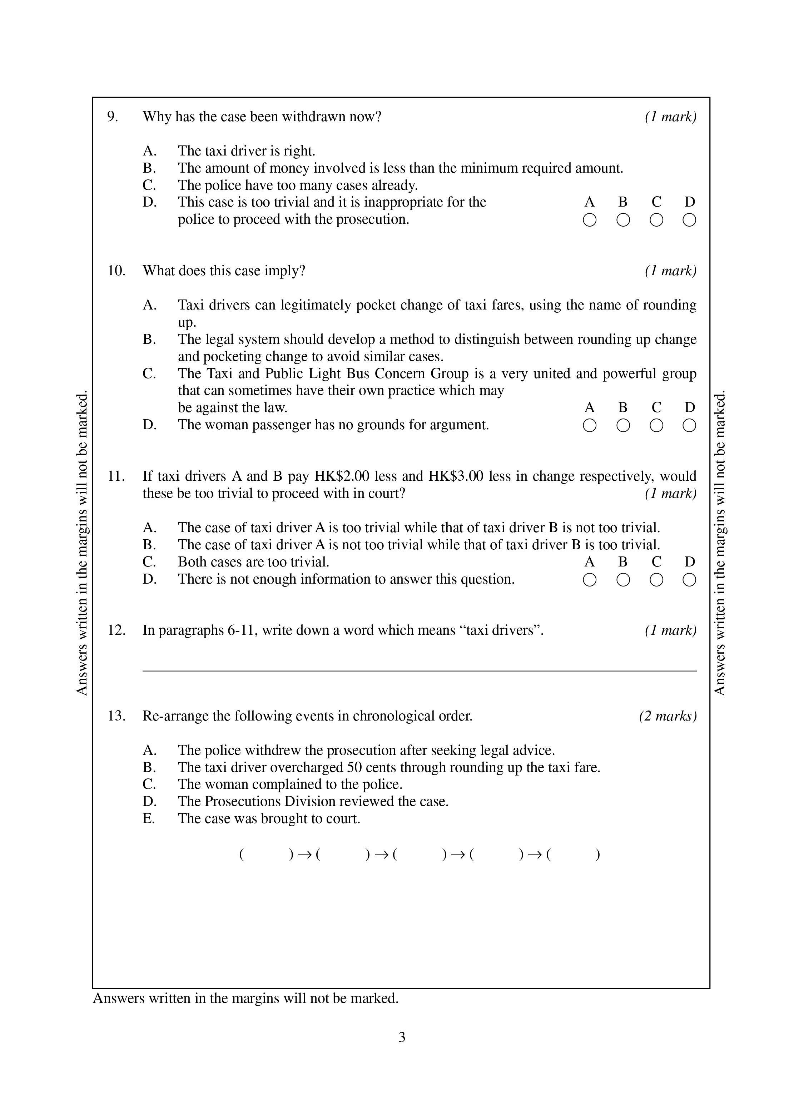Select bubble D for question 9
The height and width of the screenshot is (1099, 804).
(689, 221)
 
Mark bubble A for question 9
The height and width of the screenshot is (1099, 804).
(589, 221)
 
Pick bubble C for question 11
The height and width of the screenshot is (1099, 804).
(656, 580)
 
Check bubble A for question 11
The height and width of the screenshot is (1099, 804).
(589, 580)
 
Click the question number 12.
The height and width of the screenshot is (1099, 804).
(116, 630)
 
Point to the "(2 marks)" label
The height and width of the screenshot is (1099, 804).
(668, 716)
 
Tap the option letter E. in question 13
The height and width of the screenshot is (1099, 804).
(148, 818)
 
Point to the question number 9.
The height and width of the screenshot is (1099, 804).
(113, 117)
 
